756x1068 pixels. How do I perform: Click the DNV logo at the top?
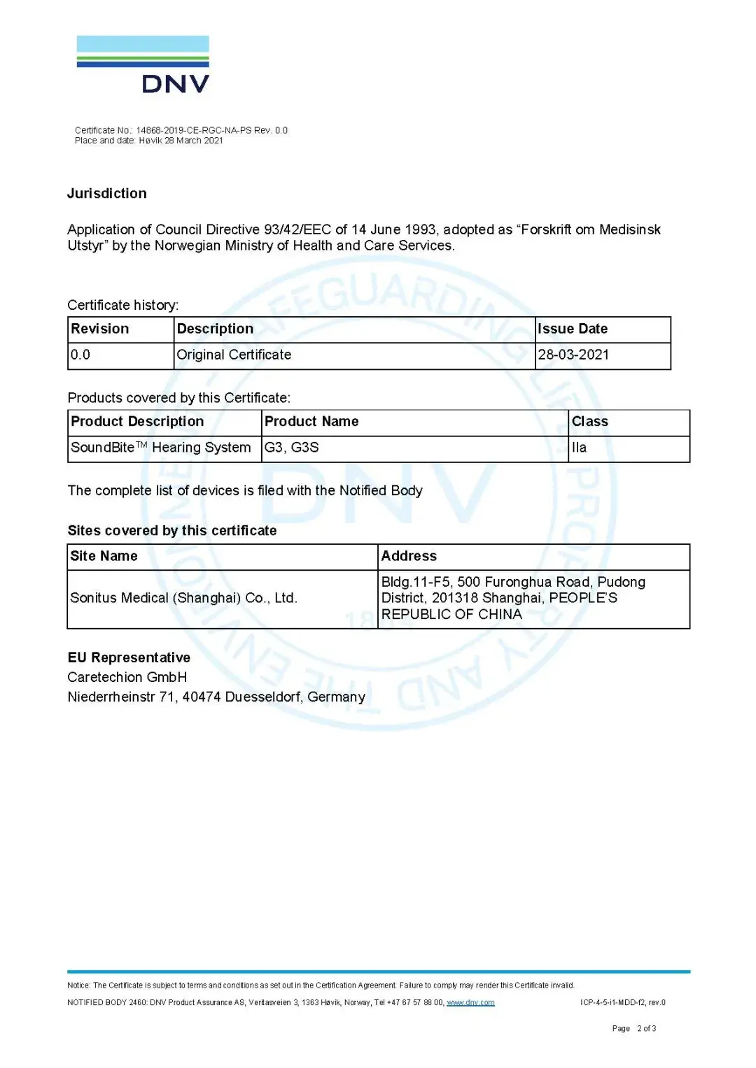pyautogui.click(x=143, y=64)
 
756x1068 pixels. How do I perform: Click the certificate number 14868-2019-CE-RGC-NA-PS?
pyautogui.click(x=193, y=130)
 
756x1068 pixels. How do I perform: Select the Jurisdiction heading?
pyautogui.click(x=106, y=194)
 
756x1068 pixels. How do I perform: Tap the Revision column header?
pyautogui.click(x=100, y=329)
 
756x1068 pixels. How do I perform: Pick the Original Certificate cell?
pyautogui.click(x=234, y=355)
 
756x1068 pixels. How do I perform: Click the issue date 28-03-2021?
pyautogui.click(x=573, y=355)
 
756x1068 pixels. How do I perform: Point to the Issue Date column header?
pyautogui.click(x=573, y=329)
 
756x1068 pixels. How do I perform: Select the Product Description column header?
pyautogui.click(x=137, y=422)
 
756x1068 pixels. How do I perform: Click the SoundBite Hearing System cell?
pyautogui.click(x=160, y=448)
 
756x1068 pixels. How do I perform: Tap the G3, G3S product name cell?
pyautogui.click(x=291, y=448)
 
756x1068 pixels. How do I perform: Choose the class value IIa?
pyautogui.click(x=579, y=448)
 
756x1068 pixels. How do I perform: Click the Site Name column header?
pyautogui.click(x=104, y=556)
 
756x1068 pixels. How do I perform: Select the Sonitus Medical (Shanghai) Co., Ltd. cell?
pyautogui.click(x=183, y=598)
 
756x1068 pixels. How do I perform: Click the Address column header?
pyautogui.click(x=409, y=556)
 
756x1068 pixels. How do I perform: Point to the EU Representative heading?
pyautogui.click(x=129, y=657)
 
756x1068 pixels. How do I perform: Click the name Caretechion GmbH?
pyautogui.click(x=127, y=677)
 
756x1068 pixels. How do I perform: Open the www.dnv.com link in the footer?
pyautogui.click(x=470, y=1002)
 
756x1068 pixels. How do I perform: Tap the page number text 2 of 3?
pyautogui.click(x=646, y=1028)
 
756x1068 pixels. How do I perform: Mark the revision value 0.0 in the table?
pyautogui.click(x=80, y=355)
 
